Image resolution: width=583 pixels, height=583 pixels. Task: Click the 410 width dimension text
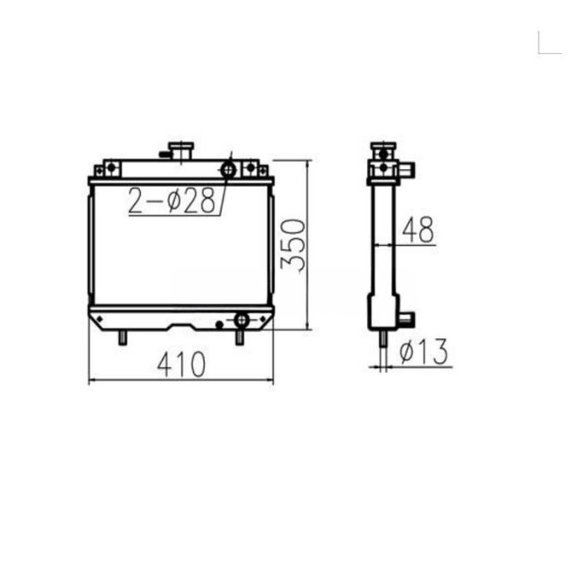coord(181,364)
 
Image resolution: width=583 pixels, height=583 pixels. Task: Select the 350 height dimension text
coord(292,245)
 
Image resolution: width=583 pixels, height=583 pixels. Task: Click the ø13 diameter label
coord(423,352)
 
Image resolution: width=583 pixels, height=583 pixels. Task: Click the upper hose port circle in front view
coord(227,170)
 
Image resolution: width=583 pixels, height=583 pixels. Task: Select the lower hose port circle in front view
coord(242,320)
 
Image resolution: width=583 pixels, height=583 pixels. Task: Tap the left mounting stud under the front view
coord(122,337)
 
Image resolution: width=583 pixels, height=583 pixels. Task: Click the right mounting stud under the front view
coord(240,337)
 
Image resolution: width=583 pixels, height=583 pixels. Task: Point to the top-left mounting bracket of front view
coord(109,169)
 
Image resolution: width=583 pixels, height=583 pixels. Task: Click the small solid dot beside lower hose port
coord(219,323)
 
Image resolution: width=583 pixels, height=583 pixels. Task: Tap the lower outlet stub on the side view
coord(406,318)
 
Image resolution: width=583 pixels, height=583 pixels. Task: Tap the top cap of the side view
coord(382,151)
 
